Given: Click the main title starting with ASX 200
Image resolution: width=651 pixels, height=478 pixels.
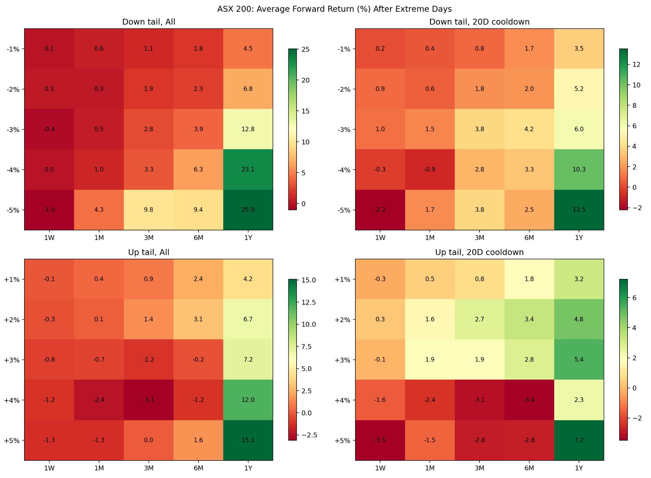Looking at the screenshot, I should coord(334,9).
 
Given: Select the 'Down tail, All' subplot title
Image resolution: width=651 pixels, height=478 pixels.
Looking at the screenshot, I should coord(149,22).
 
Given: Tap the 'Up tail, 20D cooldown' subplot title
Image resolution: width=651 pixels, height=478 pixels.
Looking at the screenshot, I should coord(479,252).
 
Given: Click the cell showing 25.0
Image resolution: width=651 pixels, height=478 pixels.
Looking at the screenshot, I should coord(248,210).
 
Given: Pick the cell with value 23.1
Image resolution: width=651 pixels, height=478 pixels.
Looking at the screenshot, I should coord(248,169).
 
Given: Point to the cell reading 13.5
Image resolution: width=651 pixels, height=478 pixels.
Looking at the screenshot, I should coord(579,210).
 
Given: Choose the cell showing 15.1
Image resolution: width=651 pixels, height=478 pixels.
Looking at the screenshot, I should coord(248,440).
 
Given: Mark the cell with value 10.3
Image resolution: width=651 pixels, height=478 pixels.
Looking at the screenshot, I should coord(579,169).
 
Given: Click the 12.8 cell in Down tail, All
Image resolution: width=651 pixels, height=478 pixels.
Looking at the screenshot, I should coord(248,129).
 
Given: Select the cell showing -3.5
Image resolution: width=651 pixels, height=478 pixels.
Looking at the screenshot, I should coord(380,440).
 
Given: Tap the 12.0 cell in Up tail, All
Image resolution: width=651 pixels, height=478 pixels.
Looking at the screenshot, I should coord(248,400).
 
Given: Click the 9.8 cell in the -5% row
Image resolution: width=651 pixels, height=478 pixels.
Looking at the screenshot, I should coord(149,210).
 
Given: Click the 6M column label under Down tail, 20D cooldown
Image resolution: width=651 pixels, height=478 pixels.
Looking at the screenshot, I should coord(529,238).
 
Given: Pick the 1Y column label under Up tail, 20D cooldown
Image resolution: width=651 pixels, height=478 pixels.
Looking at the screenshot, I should coord(579,468).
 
